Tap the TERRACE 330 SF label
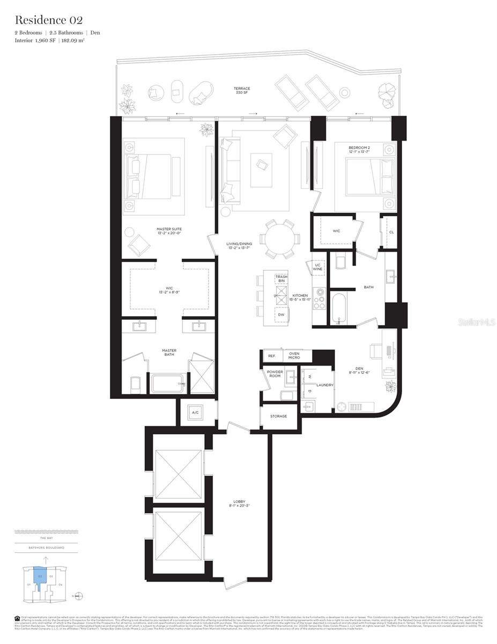tap(241, 91)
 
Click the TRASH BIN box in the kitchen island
tap(281, 278)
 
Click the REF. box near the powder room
tap(271, 356)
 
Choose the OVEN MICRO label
tap(294, 356)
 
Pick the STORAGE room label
tap(278, 416)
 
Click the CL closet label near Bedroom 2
tap(391, 232)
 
